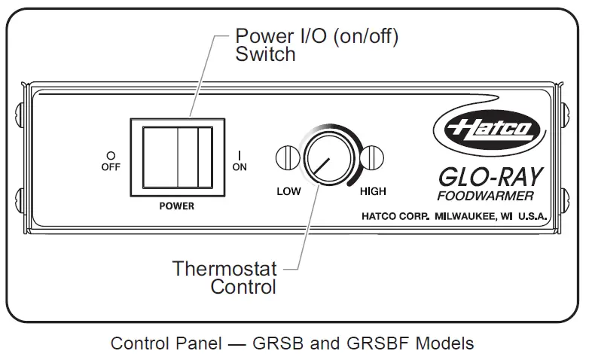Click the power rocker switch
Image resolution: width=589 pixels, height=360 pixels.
177,156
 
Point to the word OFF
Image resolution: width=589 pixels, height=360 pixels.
111,167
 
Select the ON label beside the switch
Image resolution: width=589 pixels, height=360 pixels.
240,167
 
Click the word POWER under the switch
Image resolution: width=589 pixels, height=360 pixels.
177,205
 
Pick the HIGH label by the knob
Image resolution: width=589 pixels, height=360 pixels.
373,191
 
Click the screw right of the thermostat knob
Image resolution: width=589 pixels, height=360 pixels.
371,158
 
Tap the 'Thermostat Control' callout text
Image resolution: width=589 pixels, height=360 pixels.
224,277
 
